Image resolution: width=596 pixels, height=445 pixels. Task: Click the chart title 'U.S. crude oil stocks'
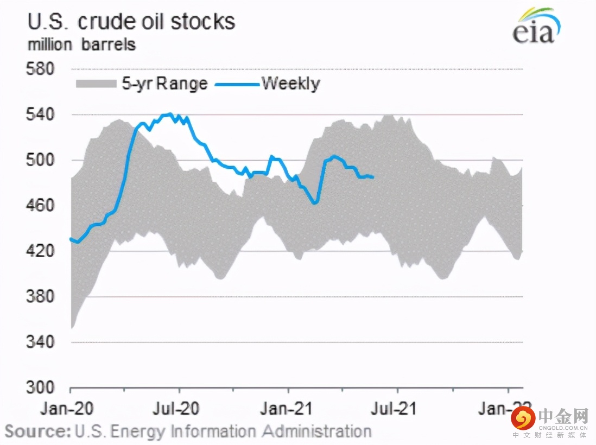(x=131, y=22)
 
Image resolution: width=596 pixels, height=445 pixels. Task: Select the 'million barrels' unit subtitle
(x=81, y=44)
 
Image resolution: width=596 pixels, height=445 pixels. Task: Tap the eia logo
(x=534, y=28)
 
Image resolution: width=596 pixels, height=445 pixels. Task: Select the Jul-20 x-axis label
(x=180, y=408)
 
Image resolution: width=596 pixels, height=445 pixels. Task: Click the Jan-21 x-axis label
(x=288, y=408)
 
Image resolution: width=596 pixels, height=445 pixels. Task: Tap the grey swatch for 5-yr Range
(x=96, y=84)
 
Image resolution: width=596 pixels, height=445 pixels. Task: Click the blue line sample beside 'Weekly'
(x=237, y=84)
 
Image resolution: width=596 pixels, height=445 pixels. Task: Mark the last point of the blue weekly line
(x=372, y=177)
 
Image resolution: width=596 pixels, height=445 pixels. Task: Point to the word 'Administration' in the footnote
(x=317, y=431)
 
